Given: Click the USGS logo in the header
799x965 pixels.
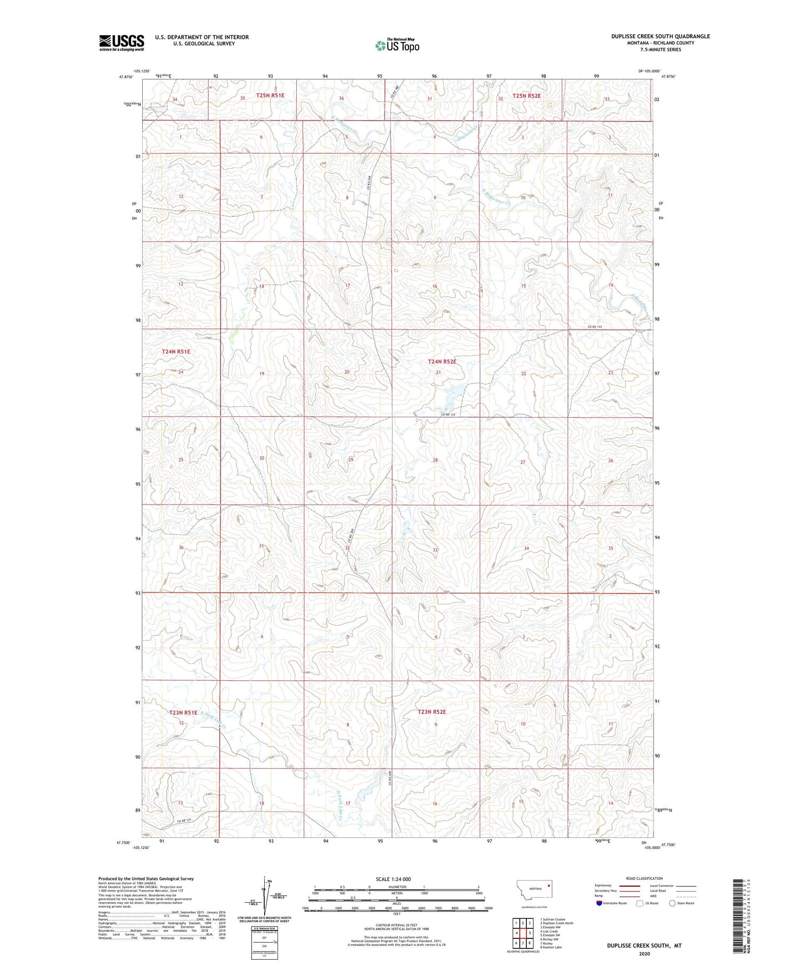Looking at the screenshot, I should pyautogui.click(x=121, y=43).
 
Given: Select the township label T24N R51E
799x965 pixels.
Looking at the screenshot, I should pyautogui.click(x=176, y=352).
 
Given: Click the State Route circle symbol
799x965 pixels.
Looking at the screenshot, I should pyautogui.click(x=672, y=903).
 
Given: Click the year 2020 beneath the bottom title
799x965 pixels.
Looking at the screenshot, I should pyautogui.click(x=644, y=954).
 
